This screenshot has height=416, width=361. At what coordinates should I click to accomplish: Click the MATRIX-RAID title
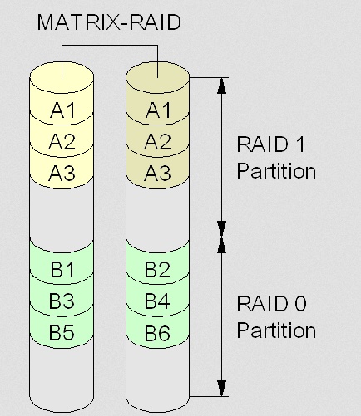tap(109, 22)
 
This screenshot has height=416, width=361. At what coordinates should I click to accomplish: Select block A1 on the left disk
tap(62, 109)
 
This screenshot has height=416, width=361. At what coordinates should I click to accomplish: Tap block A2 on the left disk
tap(62, 140)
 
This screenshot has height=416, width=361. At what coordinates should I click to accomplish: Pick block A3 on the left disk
tap(62, 172)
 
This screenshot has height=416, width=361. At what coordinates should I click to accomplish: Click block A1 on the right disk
tap(158, 109)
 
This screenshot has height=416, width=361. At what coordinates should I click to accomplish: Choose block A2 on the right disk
tap(158, 140)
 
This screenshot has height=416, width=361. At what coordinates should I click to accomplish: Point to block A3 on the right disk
tap(158, 172)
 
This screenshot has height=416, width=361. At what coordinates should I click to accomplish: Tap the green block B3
tap(62, 300)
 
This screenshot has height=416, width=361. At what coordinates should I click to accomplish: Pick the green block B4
tap(158, 300)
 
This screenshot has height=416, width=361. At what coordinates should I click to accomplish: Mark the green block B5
tap(62, 331)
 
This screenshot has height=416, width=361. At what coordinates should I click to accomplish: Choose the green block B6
tap(158, 331)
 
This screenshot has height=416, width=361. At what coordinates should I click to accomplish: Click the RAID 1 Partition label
tap(276, 158)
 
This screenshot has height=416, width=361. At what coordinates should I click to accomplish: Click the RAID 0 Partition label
tap(276, 316)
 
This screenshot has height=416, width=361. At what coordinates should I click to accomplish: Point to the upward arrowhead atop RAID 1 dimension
tap(221, 86)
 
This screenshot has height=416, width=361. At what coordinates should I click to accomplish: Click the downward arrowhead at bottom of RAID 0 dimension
tap(221, 388)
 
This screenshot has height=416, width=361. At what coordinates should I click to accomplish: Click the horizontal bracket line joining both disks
tap(110, 45)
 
